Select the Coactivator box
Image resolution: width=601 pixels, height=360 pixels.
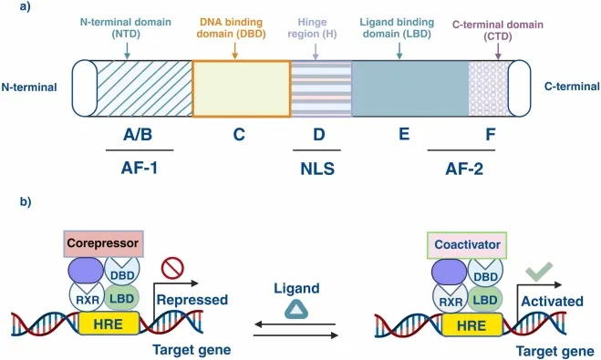(465, 244)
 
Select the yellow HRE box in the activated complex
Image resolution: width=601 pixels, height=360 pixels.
(472, 323)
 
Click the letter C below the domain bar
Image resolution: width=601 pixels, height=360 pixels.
(239, 136)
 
